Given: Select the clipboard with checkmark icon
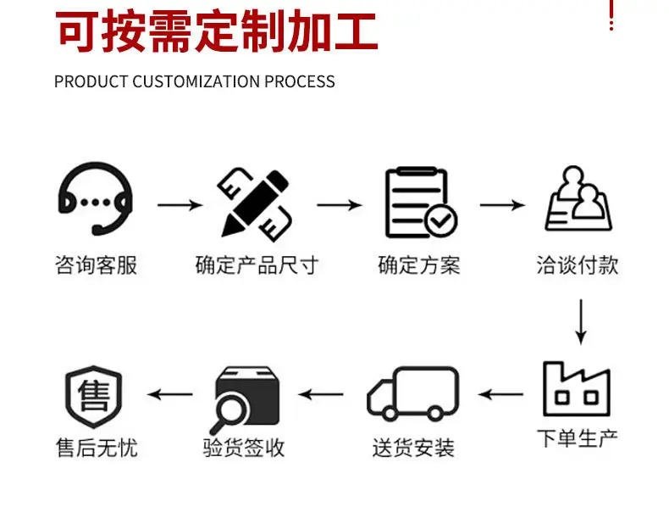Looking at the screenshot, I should (420, 203).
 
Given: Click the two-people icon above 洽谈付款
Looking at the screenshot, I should (579, 200).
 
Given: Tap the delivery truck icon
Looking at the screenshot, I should (413, 394).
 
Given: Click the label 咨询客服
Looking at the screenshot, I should (96, 265).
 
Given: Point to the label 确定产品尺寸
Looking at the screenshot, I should (256, 265).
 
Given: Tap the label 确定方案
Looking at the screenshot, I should (418, 265).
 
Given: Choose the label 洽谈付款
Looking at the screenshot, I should (578, 265).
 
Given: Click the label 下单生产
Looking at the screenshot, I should (578, 438).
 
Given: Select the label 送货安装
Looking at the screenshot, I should (413, 447).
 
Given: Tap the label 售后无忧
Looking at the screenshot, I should (95, 447).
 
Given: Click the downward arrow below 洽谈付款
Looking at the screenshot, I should (580, 320).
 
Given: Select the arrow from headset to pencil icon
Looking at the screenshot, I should (180, 205).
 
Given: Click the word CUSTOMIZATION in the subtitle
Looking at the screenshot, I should (196, 81).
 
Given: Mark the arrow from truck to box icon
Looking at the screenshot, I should (321, 394).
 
